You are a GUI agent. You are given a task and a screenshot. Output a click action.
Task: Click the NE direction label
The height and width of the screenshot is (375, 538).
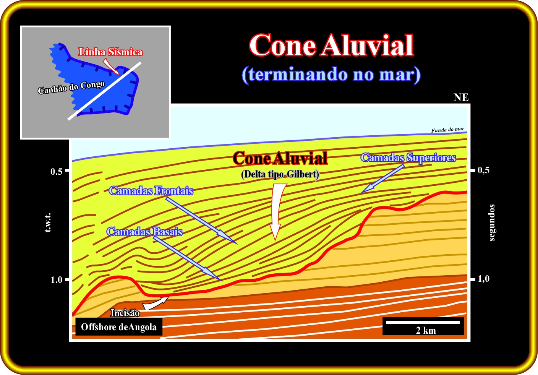461,97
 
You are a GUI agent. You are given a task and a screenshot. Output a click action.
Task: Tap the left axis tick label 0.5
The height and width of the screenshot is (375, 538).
56,172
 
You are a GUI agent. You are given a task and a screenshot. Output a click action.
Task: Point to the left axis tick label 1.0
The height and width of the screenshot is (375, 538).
56,280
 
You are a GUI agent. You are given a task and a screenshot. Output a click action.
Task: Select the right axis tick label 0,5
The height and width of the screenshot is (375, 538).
483,170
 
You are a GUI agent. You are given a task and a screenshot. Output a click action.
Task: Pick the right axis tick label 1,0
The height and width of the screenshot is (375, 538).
483,279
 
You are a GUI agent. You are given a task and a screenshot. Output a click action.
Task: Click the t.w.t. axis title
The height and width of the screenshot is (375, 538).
48,222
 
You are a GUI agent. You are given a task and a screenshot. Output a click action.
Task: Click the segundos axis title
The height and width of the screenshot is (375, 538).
492,222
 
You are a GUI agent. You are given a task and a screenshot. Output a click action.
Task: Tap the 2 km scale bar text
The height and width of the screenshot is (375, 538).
426,331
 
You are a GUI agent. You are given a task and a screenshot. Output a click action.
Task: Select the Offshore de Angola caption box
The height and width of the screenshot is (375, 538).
119,327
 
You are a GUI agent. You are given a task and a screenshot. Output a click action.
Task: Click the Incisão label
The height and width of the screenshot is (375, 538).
125,313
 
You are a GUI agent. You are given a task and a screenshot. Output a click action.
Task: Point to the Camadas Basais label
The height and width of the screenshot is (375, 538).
144,232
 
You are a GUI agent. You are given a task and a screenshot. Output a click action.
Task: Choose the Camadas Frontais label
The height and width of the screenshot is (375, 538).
151,191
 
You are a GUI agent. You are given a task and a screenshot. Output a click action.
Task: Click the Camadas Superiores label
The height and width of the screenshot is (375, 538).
408,157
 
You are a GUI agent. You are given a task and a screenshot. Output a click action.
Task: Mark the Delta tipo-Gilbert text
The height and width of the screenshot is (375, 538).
280,174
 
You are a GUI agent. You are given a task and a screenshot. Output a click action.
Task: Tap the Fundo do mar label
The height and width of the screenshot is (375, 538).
448,130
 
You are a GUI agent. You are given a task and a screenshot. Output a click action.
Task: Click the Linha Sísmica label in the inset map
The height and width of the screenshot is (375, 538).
110,52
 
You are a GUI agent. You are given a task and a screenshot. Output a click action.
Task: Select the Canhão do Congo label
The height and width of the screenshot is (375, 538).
71,88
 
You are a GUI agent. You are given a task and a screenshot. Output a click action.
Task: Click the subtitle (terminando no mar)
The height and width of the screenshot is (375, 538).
331,75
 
